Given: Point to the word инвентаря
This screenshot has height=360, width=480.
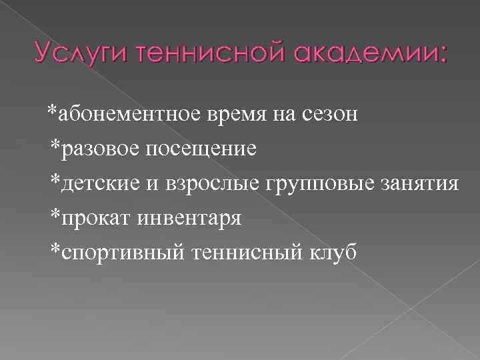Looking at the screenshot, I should click(x=187, y=217).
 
